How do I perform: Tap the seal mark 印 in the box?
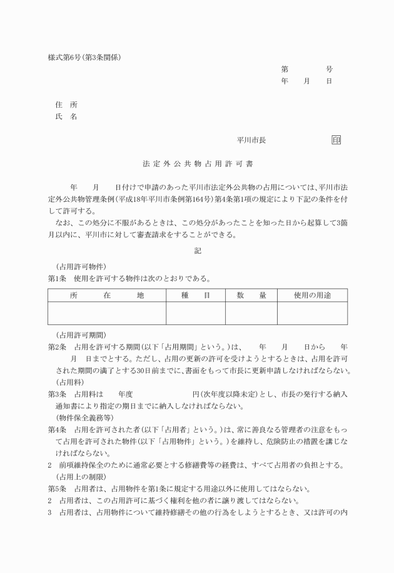click(x=336, y=140)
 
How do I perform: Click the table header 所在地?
click(x=107, y=294)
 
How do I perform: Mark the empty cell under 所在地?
click(x=107, y=312)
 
